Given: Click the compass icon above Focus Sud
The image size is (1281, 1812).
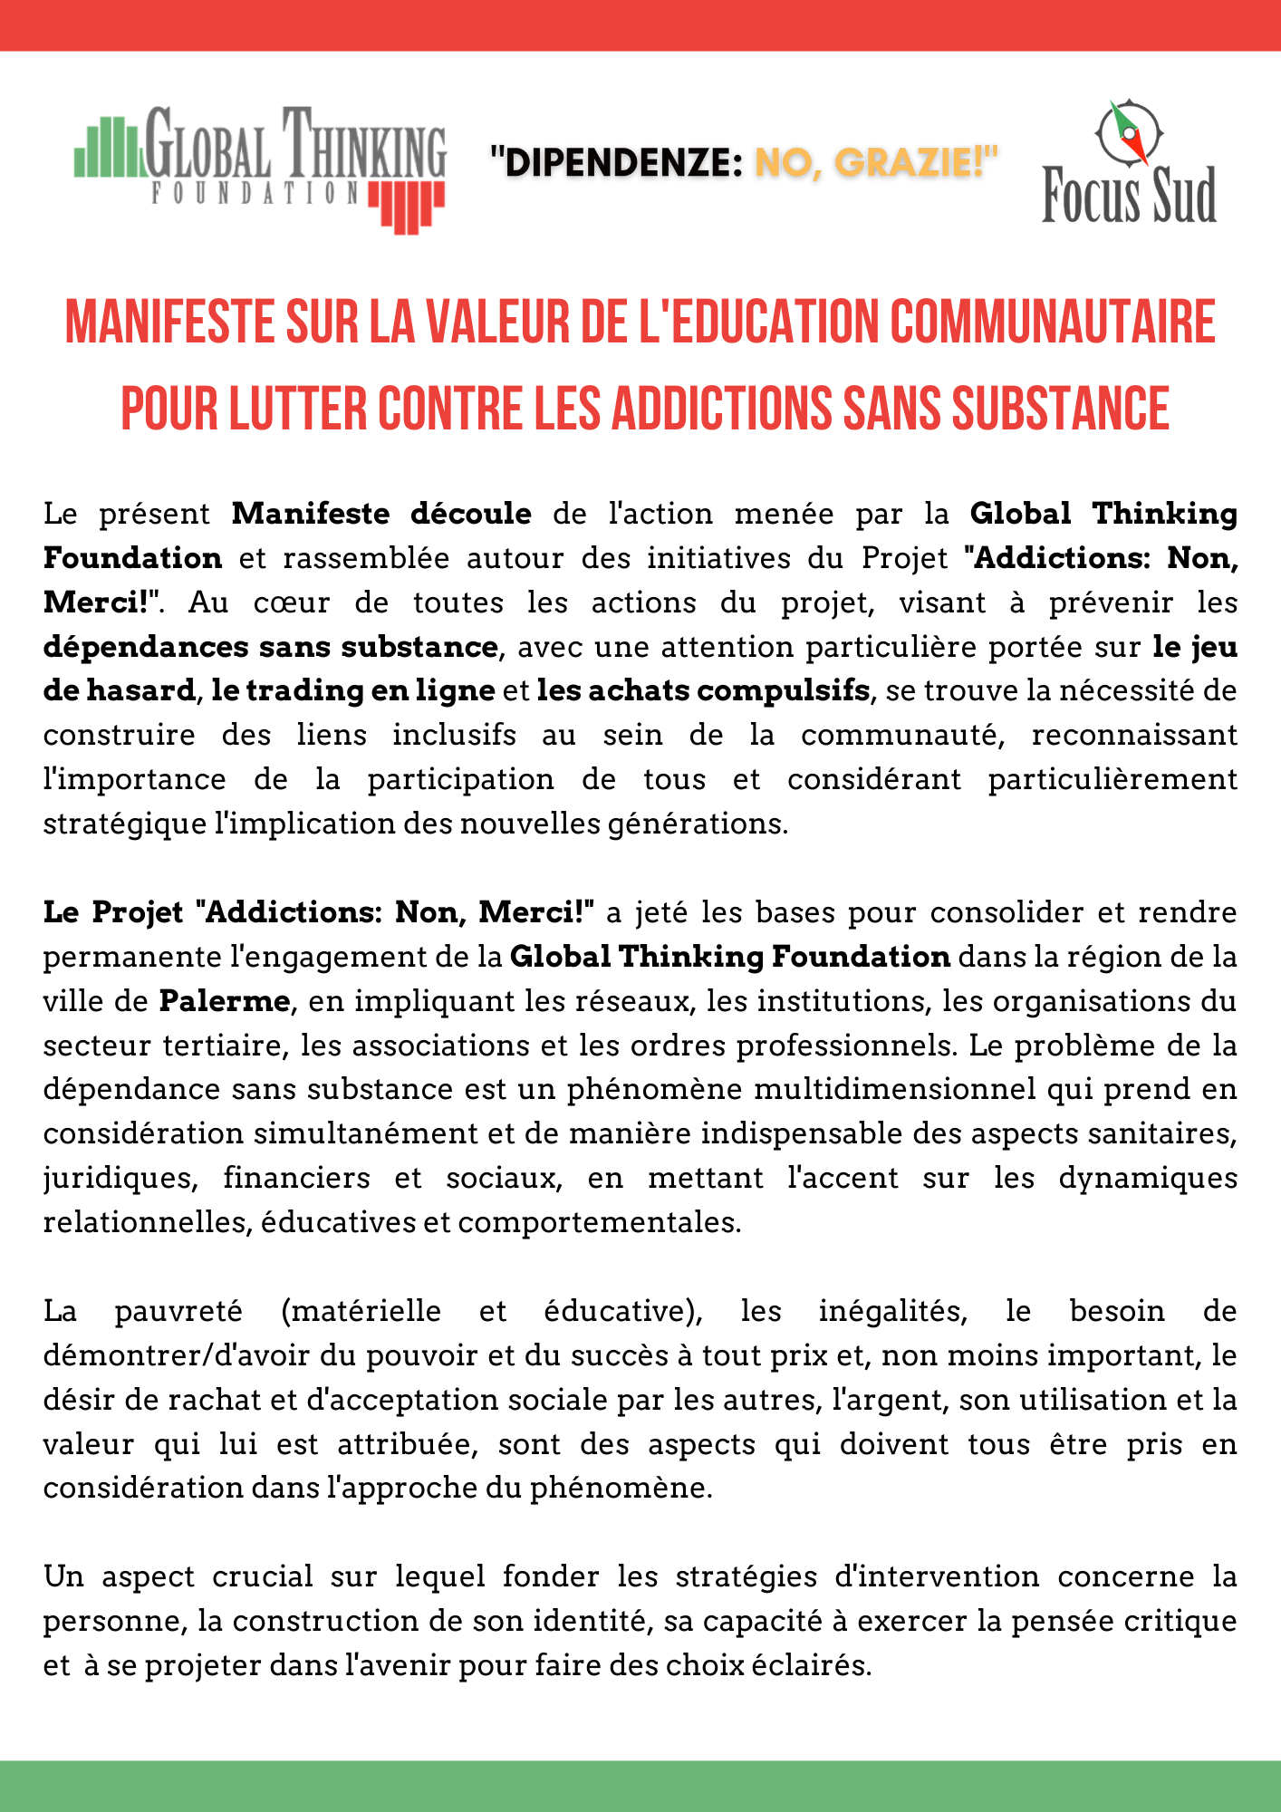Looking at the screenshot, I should click(1129, 132).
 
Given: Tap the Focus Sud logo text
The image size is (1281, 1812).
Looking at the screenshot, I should click(1129, 196).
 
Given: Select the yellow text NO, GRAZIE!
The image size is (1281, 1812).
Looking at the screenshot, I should click(875, 163).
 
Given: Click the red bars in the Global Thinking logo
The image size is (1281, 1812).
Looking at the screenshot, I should click(407, 206).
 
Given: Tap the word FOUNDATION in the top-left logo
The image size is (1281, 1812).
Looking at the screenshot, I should click(255, 193).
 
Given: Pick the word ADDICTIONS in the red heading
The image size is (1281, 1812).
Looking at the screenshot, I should click(722, 409).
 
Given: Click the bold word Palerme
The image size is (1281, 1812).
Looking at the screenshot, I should click(225, 1001).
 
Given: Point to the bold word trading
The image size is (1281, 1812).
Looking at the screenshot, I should click(296, 690).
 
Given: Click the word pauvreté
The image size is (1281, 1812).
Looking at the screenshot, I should click(178, 1311).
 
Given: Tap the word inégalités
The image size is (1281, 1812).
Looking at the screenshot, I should click(892, 1311).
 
